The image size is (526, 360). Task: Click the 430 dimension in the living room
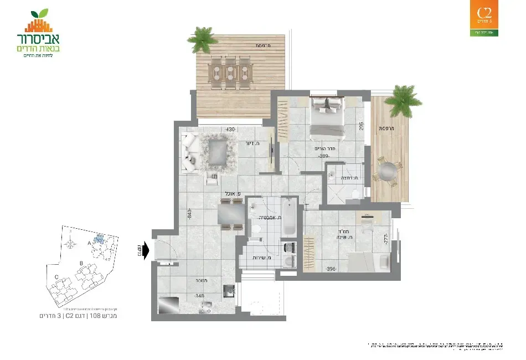[231, 130]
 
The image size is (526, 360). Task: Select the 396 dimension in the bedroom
[331, 269]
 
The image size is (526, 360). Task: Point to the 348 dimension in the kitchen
[199, 296]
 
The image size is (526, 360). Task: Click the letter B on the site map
[82, 264]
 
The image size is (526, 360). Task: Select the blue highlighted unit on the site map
[99, 239]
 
